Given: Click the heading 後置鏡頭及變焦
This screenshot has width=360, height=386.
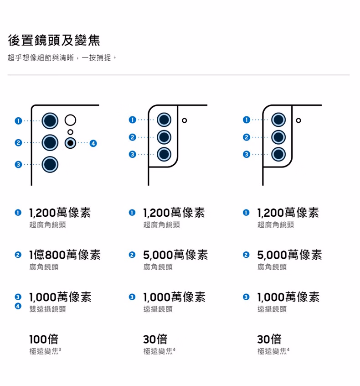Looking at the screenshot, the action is (x=54, y=40).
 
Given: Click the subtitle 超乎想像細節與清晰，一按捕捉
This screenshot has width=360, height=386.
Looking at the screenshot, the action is (x=62, y=58).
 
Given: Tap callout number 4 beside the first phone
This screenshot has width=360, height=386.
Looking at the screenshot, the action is (x=93, y=143).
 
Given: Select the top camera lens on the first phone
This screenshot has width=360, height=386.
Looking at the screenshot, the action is (x=50, y=121).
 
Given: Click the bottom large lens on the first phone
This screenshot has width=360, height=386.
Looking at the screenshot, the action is (x=50, y=164).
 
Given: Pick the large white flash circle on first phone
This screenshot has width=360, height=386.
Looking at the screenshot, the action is (x=70, y=120).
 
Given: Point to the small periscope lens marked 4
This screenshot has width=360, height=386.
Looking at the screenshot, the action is (x=70, y=143).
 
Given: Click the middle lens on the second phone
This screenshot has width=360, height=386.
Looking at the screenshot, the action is (x=164, y=137).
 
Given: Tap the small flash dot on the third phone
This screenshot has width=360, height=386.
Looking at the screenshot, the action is (x=298, y=120).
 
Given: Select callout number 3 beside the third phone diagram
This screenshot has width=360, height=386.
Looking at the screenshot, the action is (x=247, y=154).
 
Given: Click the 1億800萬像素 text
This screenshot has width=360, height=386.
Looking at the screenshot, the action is (x=65, y=255).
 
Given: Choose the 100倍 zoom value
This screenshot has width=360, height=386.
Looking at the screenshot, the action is (x=44, y=339).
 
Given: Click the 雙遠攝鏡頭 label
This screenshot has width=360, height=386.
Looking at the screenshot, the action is (x=48, y=309).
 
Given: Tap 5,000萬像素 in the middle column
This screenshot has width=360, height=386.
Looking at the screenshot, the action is (x=175, y=255).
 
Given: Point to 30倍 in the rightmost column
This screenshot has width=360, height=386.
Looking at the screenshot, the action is (x=269, y=339).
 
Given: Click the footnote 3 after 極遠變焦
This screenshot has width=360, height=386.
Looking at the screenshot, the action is (x=60, y=349).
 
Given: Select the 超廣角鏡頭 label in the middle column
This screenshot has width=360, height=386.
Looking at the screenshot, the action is (x=162, y=224).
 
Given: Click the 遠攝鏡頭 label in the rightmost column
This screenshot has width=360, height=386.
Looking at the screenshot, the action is (x=272, y=309).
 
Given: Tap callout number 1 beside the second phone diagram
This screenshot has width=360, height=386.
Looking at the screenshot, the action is (x=132, y=120).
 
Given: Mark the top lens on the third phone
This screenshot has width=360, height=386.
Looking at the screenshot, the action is (x=278, y=120).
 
